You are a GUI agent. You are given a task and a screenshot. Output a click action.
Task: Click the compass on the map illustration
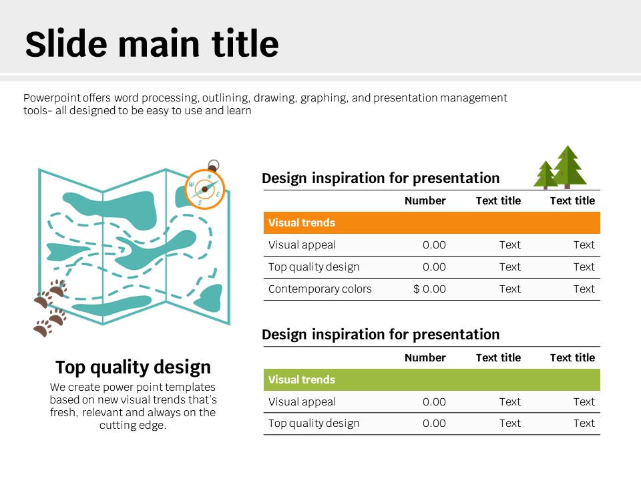[205, 189]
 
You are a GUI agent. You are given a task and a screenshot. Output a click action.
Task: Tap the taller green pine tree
[568, 167]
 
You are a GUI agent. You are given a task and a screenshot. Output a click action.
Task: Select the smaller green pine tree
[546, 175]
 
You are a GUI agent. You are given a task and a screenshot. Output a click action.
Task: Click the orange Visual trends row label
[302, 222]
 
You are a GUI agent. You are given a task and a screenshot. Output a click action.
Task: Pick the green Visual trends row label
[302, 379]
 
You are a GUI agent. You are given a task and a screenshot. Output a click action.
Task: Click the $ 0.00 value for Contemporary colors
[429, 289]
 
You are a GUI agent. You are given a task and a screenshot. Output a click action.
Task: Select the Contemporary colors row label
[320, 289]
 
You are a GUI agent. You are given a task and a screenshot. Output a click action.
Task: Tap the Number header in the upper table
[425, 200]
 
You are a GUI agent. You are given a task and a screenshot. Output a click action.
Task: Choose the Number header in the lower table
[425, 357]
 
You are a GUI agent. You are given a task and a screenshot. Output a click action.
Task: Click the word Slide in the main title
[66, 43]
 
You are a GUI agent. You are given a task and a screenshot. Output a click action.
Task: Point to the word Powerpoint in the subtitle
[52, 98]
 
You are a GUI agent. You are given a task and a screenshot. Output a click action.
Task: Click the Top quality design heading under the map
[133, 367]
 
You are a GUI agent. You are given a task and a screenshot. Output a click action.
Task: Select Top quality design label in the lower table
[314, 424]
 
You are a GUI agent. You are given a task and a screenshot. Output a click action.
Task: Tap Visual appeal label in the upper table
[302, 245]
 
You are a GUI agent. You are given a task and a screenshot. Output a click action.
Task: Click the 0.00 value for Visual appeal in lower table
[434, 402]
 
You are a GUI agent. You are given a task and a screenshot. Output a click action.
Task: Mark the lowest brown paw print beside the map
[43, 328]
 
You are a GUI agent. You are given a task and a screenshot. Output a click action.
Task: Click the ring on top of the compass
[214, 165]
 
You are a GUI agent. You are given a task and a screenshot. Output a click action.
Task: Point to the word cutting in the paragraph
[115, 426]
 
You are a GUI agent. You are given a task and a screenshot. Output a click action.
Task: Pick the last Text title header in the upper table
[572, 200]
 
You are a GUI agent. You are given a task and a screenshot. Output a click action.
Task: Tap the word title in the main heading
[245, 43]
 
